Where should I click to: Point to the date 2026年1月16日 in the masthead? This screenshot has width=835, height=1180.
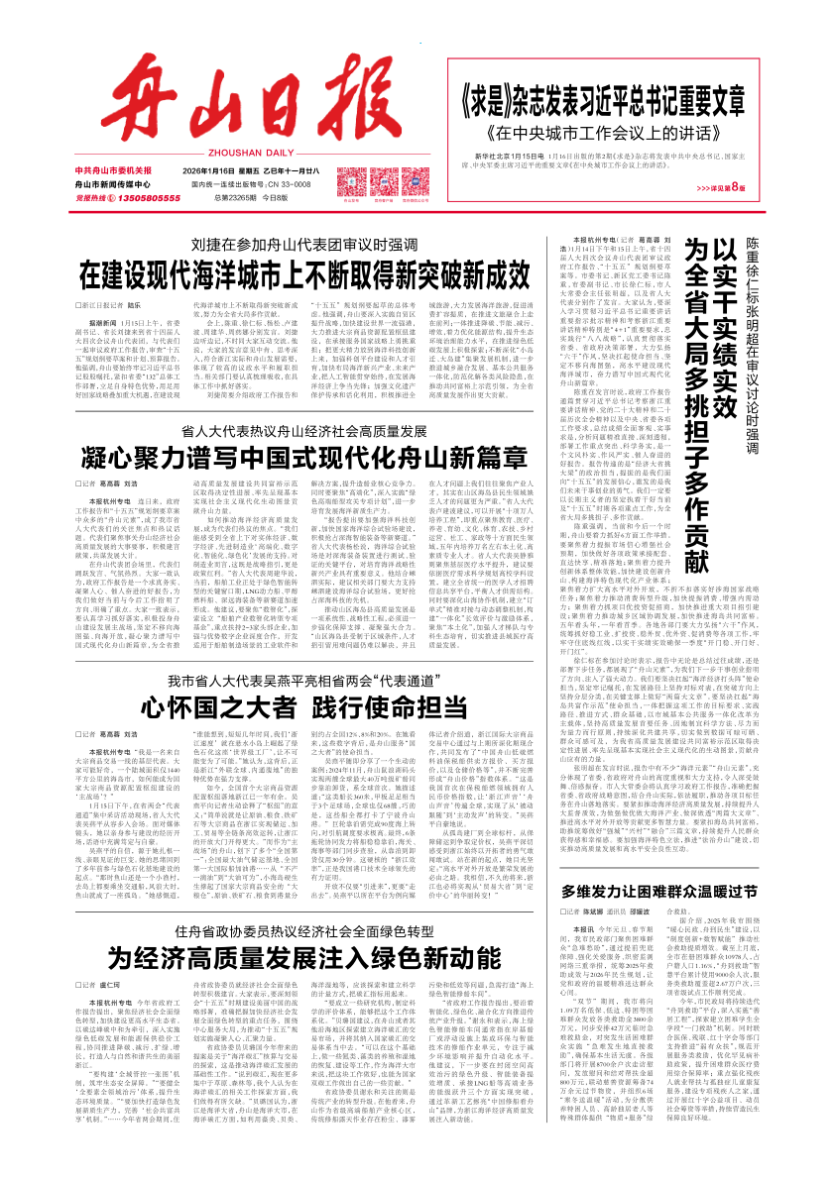pos(217,170)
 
